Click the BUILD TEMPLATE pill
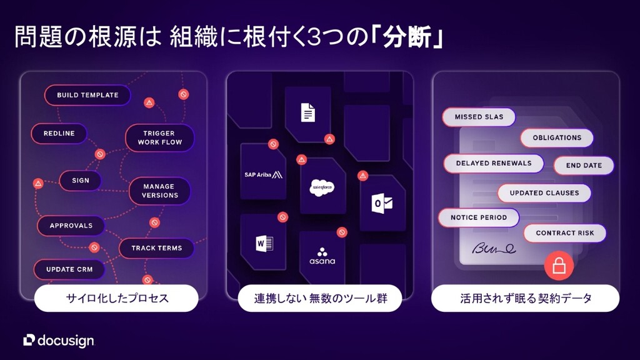[x=87, y=95]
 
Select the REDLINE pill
[x=59, y=133]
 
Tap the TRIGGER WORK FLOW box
[x=159, y=137]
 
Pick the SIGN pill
[x=81, y=181]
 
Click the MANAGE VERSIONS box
[x=160, y=191]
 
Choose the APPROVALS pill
[x=71, y=226]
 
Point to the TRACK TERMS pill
[x=156, y=248]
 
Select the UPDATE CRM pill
[x=69, y=269]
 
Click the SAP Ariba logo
[x=263, y=174]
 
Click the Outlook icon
[x=381, y=202]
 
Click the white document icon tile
[x=308, y=112]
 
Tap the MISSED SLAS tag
[x=479, y=117]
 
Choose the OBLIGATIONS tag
[x=557, y=137]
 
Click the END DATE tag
[x=584, y=165]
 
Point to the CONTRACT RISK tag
[x=564, y=233]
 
